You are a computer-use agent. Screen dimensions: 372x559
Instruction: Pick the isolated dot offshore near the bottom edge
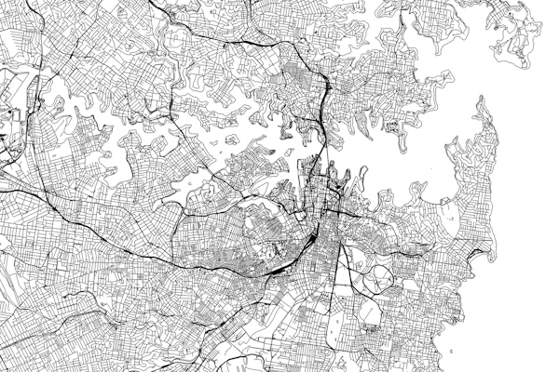tap(450, 352)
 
